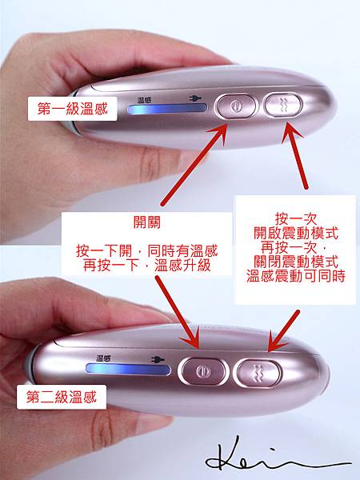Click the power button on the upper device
click(x=236, y=106)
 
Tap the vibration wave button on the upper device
click(x=284, y=105)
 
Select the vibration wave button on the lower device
click(x=258, y=373)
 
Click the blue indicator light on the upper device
click(x=167, y=109)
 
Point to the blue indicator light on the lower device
click(x=128, y=369)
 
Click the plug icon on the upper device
click(x=195, y=98)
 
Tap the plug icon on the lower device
click(x=158, y=359)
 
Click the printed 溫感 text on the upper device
click(x=144, y=100)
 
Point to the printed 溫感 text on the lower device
click(x=103, y=358)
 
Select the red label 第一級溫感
click(x=73, y=109)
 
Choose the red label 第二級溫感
click(x=62, y=397)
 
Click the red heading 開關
click(x=146, y=222)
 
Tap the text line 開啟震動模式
click(x=296, y=234)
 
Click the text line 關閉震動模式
click(x=296, y=262)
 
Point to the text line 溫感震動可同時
click(x=296, y=275)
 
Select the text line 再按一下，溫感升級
click(x=147, y=265)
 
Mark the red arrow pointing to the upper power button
click(x=194, y=165)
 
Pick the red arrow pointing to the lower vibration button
click(x=283, y=330)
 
